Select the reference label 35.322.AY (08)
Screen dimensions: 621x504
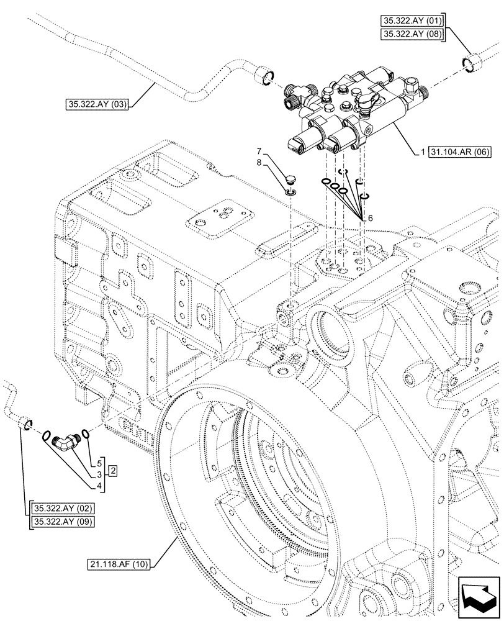(x=412, y=35)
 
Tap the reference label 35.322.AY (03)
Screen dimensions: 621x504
(x=94, y=104)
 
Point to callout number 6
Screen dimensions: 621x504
(x=370, y=219)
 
